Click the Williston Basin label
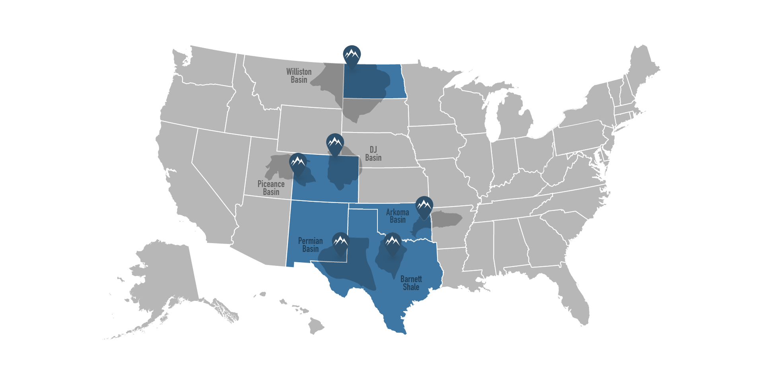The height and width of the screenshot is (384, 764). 299,76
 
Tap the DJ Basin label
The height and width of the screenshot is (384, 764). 373,154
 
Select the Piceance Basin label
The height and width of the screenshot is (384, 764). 271,188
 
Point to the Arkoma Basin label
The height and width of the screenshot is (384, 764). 397,216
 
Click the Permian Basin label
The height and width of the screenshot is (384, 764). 310,245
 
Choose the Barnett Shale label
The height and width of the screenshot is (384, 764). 411,283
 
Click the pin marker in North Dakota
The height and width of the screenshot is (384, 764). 352,55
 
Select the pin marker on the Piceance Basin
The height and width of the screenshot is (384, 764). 298,163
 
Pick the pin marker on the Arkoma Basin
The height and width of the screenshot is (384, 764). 424,206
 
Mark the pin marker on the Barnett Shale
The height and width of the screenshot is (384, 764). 393,242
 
